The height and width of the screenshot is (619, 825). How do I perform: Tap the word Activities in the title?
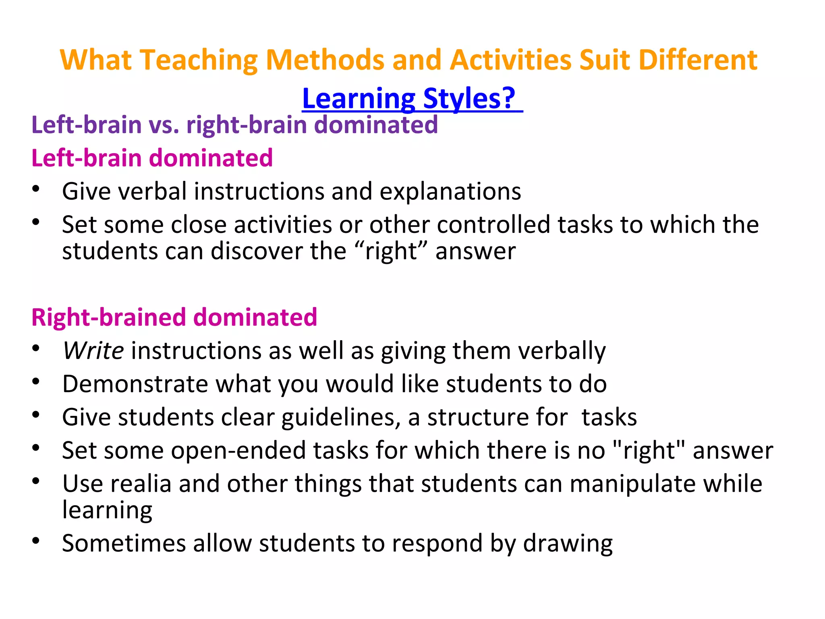[x=510, y=60]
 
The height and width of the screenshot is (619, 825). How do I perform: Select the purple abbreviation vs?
[x=164, y=125]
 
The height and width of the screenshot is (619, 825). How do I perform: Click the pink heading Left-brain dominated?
[x=152, y=158]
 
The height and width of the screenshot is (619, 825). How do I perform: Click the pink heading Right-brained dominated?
[x=174, y=317]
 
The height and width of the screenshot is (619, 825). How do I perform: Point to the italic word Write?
[x=93, y=351]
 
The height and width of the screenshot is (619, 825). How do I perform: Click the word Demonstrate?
[x=135, y=384]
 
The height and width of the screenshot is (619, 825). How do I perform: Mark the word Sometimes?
[x=124, y=543]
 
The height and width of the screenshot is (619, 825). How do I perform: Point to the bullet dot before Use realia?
[x=36, y=481]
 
